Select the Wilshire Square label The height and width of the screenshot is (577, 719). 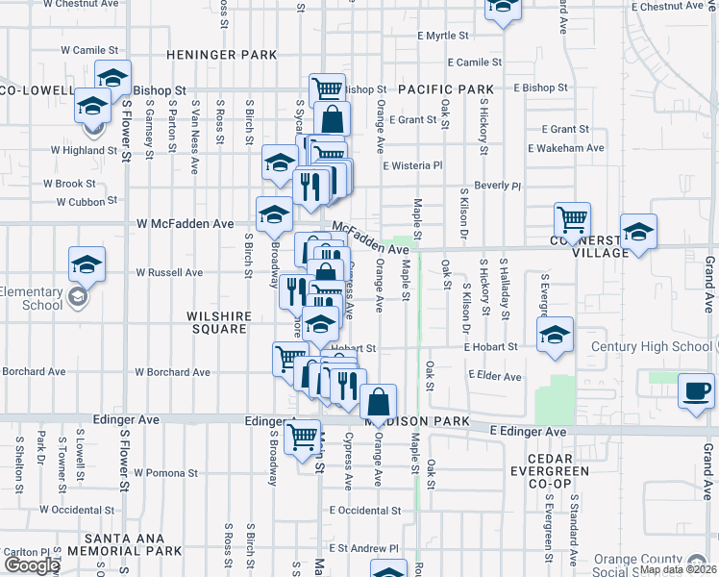[221, 322]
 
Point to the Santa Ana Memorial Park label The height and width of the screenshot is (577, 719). [133, 544]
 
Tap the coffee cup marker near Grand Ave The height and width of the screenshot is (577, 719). [694, 391]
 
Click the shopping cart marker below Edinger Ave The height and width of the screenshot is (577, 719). [303, 436]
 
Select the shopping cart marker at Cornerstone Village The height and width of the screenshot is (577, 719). [572, 219]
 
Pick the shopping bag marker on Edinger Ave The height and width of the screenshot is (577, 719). [380, 402]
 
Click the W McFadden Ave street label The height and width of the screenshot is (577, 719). [185, 223]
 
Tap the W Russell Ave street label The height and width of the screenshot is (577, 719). [168, 272]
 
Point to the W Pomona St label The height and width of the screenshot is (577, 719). [165, 473]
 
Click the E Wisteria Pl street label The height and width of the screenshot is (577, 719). [412, 165]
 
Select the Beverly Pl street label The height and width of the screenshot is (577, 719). [497, 185]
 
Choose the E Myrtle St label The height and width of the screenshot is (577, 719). [442, 36]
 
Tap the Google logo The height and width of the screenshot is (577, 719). [32, 565]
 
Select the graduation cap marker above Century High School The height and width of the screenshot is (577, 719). [555, 334]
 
